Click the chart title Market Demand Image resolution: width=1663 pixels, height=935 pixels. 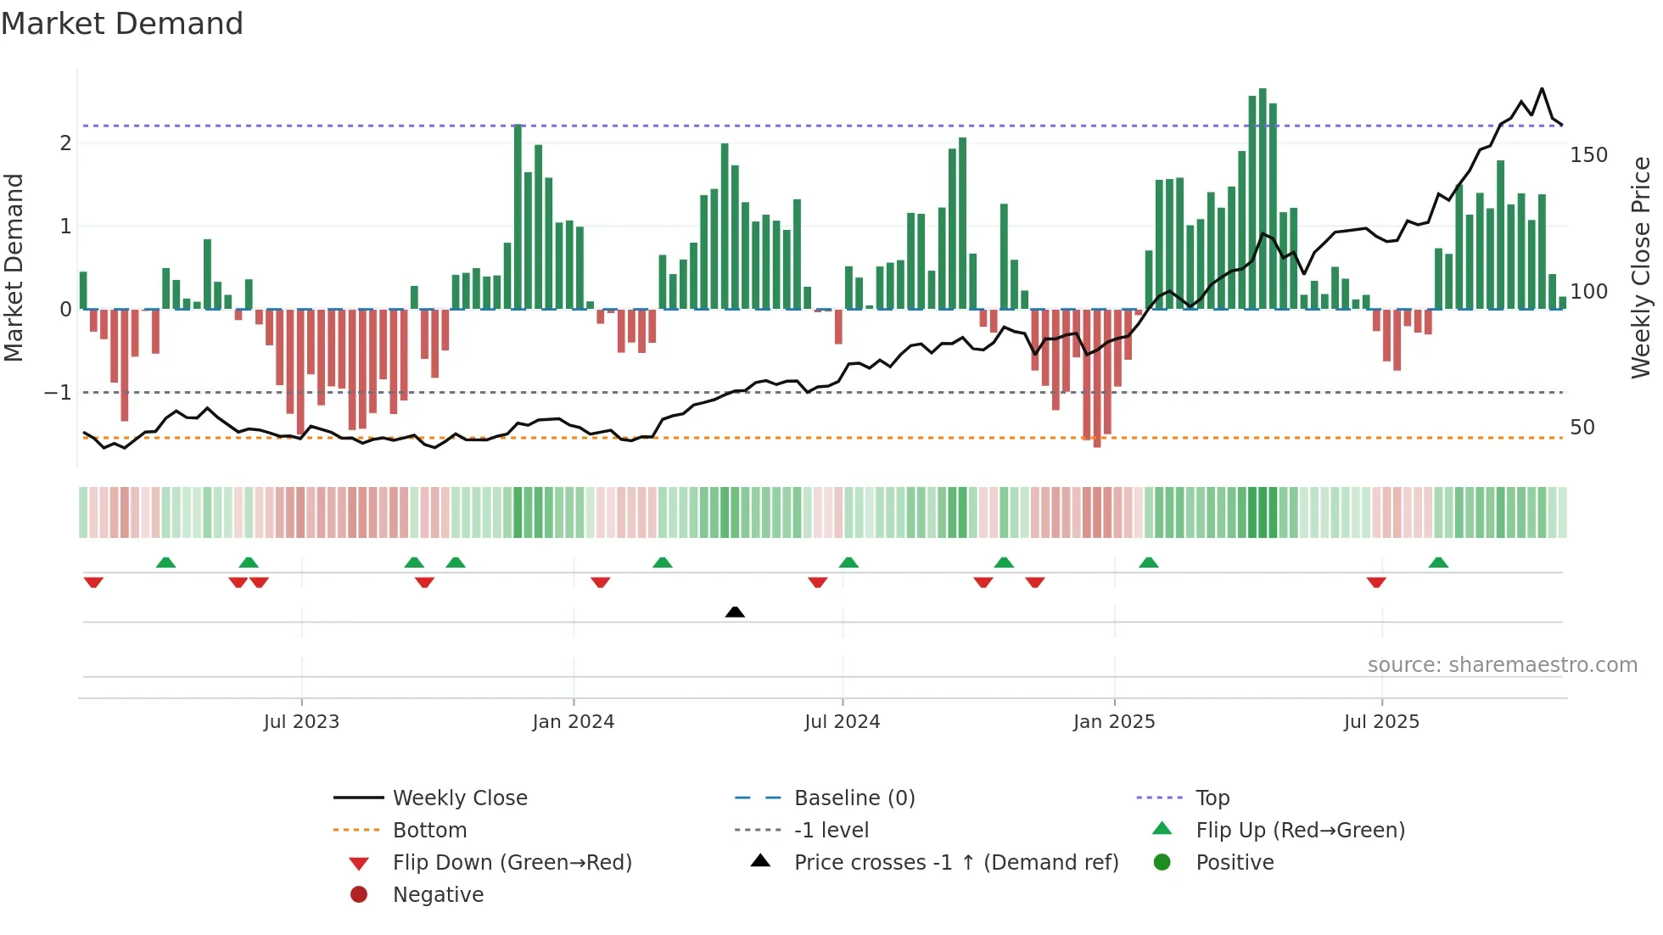coord(122,24)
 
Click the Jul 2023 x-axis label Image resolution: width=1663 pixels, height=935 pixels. coord(301,722)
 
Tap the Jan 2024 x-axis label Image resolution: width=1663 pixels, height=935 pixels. coord(573,722)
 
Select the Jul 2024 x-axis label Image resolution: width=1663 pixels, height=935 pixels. coord(842,722)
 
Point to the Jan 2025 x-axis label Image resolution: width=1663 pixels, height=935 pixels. coord(1113,722)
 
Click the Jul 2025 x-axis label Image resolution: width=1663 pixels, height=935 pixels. coord(1381,722)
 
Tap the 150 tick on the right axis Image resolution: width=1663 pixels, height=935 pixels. coord(1588,155)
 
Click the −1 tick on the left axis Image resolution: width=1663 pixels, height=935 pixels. coord(58,393)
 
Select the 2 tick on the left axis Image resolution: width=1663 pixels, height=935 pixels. coord(65,143)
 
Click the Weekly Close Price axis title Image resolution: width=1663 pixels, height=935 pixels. coord(1641,267)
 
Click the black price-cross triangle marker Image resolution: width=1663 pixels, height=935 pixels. coord(735,612)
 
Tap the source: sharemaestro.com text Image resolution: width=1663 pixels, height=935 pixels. coord(1502,665)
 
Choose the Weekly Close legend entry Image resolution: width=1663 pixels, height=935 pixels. coord(459,798)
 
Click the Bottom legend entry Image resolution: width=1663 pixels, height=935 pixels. coord(429,831)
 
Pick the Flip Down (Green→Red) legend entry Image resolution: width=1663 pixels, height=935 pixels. coord(512,863)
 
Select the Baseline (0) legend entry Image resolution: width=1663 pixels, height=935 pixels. coord(854,798)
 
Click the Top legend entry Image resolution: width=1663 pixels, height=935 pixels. coord(1212,798)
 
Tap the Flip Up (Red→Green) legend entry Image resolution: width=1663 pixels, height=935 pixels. coord(1300,831)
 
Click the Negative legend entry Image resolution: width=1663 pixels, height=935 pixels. coord(438,895)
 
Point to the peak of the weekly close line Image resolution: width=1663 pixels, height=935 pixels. coord(1542,89)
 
